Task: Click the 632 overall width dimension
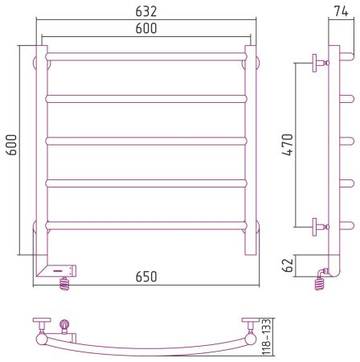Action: (x=146, y=11)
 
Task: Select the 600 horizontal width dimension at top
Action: (x=146, y=28)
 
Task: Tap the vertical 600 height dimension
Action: (x=11, y=145)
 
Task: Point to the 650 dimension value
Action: (x=146, y=277)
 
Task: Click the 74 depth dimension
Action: (x=341, y=11)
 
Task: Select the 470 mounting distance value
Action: (x=288, y=145)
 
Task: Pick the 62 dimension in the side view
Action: (x=288, y=265)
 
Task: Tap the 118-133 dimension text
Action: (x=267, y=337)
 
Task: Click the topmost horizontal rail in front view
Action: (x=146, y=56)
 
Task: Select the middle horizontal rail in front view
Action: (x=146, y=141)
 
